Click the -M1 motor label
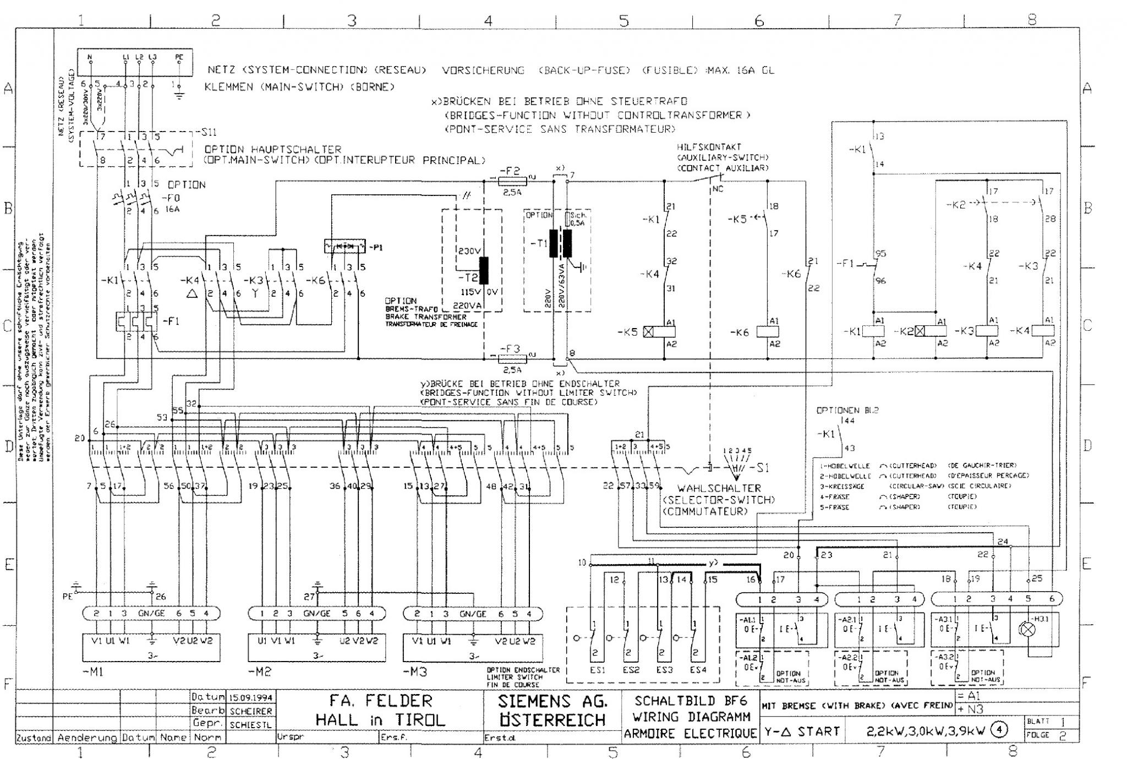92,672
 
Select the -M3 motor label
415,672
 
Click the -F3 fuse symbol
511,359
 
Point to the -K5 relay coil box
659,332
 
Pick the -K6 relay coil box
768,332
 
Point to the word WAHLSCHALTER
719,488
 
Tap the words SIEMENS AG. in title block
552,701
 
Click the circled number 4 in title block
998,731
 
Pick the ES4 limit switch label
698,670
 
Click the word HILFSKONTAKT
709,147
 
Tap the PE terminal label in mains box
179,56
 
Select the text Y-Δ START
802,731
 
